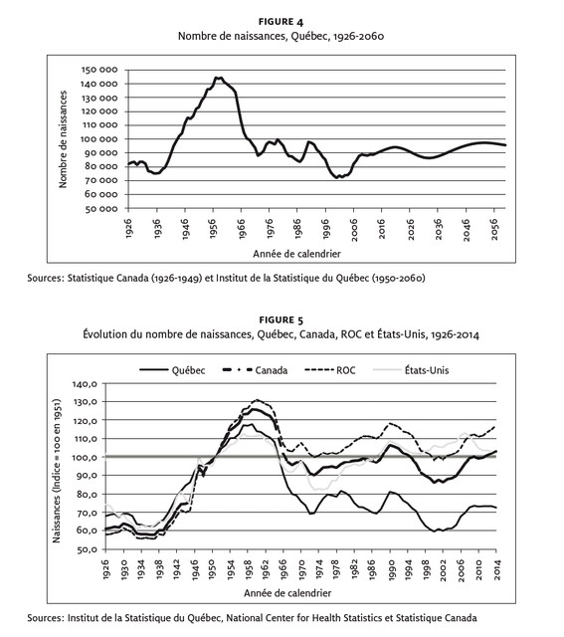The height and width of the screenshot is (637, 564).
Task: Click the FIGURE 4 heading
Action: pos(281,22)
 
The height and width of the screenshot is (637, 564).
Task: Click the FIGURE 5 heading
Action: pos(281,320)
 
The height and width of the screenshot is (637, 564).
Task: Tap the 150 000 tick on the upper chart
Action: pos(99,70)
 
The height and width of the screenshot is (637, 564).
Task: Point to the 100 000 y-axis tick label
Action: pos(99,139)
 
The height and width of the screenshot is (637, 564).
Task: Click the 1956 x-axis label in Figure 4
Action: pos(213,229)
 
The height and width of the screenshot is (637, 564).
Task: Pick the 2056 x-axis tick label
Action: pos(494,229)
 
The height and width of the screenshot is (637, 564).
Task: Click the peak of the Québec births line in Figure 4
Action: pos(218,78)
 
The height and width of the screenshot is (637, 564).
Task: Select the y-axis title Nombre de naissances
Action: pos(63,139)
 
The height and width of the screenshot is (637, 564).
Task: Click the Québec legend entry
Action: pos(172,370)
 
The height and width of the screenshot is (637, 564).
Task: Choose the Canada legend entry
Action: pos(256,370)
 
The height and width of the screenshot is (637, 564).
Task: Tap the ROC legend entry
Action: pos(329,370)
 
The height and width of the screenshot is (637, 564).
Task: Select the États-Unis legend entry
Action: pos(411,370)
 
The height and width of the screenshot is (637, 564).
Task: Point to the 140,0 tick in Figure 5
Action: pos(85,383)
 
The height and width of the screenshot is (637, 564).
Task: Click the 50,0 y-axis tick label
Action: pos(87,549)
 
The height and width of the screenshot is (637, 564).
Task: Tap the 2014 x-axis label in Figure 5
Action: pos(497,569)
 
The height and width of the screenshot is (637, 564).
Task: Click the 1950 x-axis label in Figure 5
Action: pos(212,569)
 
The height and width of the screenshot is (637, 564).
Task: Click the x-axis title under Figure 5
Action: pos(287,593)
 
